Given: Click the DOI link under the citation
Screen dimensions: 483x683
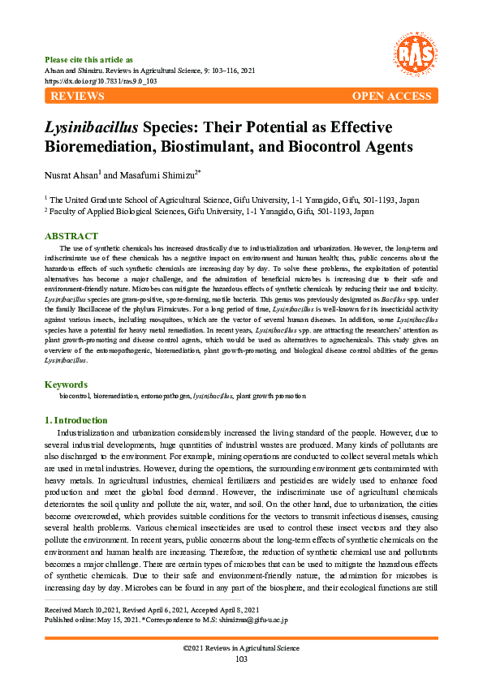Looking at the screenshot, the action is pyautogui.click(x=101, y=82).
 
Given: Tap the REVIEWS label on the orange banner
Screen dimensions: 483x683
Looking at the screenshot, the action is pyautogui.click(x=77, y=97).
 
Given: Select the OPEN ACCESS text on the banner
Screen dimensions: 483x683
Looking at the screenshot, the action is pyautogui.click(x=391, y=97).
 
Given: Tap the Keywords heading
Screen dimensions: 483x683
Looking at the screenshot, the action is pyautogui.click(x=65, y=384).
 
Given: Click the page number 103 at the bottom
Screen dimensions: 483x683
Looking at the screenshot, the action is pyautogui.click(x=241, y=659).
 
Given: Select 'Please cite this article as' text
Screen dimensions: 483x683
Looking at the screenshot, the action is pyautogui.click(x=88, y=60).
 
